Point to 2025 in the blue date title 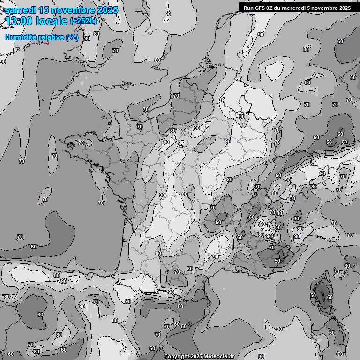(107, 10)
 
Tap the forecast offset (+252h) (83, 21)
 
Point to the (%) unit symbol (72, 37)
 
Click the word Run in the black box (249, 8)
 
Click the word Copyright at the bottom (177, 357)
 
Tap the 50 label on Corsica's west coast (313, 295)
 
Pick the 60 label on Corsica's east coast (330, 297)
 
